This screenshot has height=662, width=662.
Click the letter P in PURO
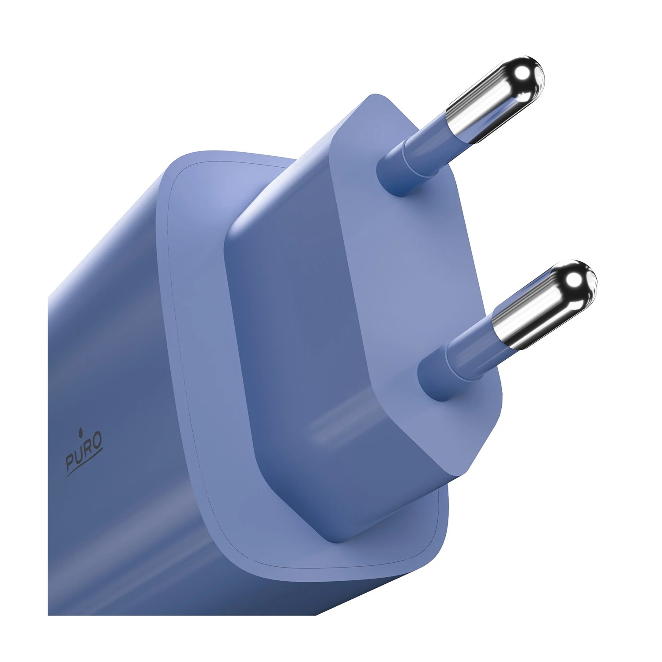pyautogui.click(x=71, y=462)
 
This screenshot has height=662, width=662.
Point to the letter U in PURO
pyautogui.click(x=79, y=455)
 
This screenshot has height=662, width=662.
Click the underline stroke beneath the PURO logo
pyautogui.click(x=85, y=463)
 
